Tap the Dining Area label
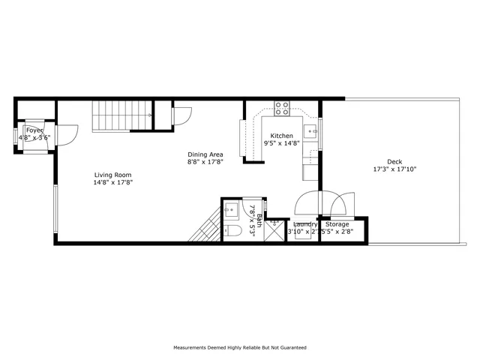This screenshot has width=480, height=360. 205,154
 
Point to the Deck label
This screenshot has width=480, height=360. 394,162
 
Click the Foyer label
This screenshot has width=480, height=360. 34,130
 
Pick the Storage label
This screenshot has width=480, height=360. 337,224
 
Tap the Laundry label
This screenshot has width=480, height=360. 304,224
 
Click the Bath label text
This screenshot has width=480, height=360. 259,220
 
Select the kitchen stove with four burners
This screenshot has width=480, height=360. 283,109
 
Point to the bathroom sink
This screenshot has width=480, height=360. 230,208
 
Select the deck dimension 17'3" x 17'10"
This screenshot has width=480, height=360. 394,169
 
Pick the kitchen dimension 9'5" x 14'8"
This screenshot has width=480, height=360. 281,143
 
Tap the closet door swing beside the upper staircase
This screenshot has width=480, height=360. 181,116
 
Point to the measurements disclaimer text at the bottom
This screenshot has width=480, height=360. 239,348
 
